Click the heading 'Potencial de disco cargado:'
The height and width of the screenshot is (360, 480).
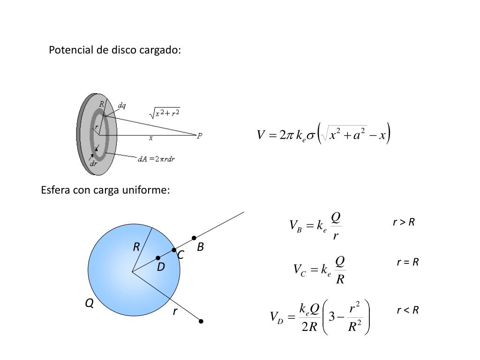[x=115, y=50]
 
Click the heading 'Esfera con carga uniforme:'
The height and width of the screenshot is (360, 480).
[x=105, y=190]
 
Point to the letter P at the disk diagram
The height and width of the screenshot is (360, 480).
[x=200, y=135]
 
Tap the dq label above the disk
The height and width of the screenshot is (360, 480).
[x=121, y=105]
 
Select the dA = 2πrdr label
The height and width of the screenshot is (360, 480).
[x=157, y=159]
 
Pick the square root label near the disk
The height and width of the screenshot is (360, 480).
[x=165, y=112]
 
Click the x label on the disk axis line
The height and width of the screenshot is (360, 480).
[x=151, y=138]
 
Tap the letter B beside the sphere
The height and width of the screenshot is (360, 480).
[x=200, y=247]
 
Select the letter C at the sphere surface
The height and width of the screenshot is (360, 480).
[x=180, y=255]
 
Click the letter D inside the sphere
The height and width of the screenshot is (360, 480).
[x=161, y=267]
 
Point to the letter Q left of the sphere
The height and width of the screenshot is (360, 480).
[x=89, y=304]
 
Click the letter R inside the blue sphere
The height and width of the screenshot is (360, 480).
[x=136, y=247]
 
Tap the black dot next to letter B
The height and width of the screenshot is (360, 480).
[x=194, y=238]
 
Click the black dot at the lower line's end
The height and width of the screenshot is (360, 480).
[x=201, y=322]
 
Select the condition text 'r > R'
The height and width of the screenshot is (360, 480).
[x=404, y=222]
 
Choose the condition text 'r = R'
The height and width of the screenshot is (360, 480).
[x=407, y=262]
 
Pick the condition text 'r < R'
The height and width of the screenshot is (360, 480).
[x=407, y=310]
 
